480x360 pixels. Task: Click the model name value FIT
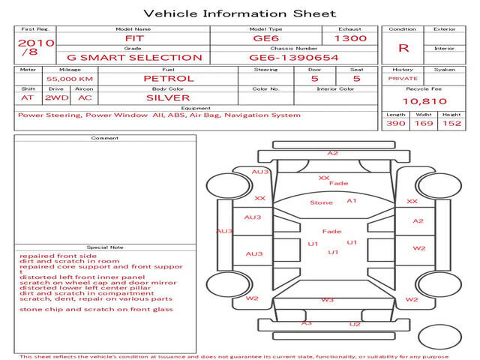[134, 38]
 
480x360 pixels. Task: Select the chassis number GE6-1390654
[294, 58]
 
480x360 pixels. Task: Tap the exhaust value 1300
[350, 38]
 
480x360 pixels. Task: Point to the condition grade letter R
[403, 48]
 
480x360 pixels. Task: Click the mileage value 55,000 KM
[70, 79]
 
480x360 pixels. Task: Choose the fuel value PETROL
[169, 79]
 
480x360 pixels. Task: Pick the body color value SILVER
[168, 98]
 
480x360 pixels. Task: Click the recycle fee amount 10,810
[424, 101]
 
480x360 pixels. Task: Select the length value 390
[396, 123]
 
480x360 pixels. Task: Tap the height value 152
[451, 123]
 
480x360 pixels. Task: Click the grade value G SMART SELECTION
[134, 58]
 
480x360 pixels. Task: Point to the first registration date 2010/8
[36, 47]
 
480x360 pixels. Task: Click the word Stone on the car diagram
[321, 202]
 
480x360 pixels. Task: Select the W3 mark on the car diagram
[327, 300]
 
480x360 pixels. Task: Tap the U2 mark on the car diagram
[355, 324]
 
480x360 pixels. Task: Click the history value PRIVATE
[403, 79]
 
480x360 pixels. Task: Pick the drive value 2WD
[57, 98]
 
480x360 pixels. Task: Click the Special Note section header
[105, 247]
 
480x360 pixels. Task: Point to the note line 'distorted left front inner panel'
[82, 277]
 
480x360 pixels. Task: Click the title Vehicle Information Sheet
[240, 13]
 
